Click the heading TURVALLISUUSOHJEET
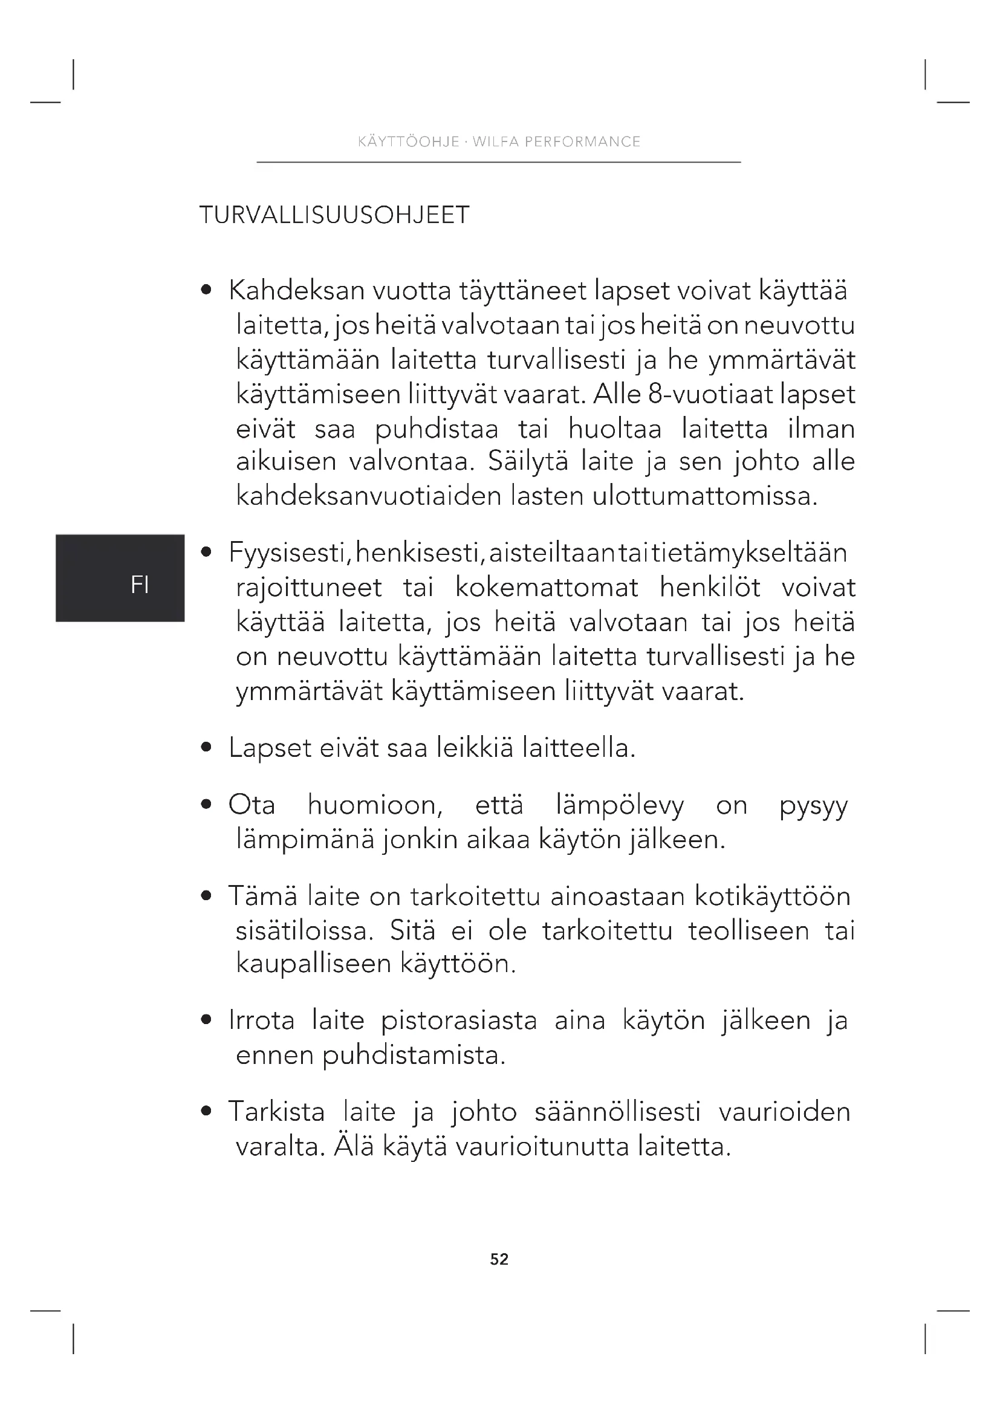pyautogui.click(x=334, y=215)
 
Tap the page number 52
pyautogui.click(x=499, y=1259)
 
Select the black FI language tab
pyautogui.click(x=120, y=578)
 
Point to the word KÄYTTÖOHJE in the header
pyautogui.click(x=408, y=141)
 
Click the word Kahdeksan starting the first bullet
pyautogui.click(x=297, y=291)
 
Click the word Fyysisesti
pyautogui.click(x=288, y=553)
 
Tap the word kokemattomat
pyautogui.click(x=546, y=588)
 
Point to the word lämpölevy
pyautogui.click(x=620, y=805)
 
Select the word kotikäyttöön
pyautogui.click(x=772, y=896)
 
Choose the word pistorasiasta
pyautogui.click(x=459, y=1021)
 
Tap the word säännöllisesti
pyautogui.click(x=617, y=1112)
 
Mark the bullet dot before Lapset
pyautogui.click(x=207, y=748)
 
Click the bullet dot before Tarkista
pyautogui.click(x=207, y=1112)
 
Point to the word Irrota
pyautogui.click(x=262, y=1021)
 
